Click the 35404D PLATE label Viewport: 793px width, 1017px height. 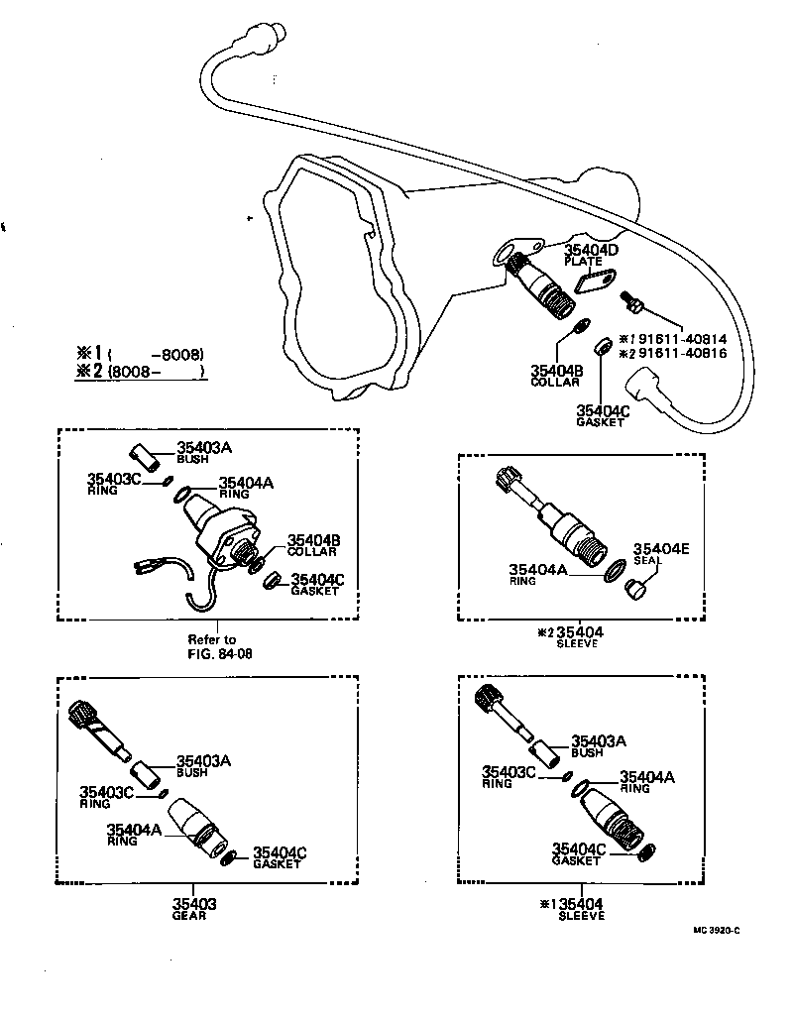tap(591, 256)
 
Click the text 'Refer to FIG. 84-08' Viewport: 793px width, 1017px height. tap(212, 646)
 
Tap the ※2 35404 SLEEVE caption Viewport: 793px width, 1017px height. tap(572, 636)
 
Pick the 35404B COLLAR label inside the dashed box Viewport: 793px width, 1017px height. tap(313, 545)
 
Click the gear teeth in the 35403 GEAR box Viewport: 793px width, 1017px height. tap(82, 713)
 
